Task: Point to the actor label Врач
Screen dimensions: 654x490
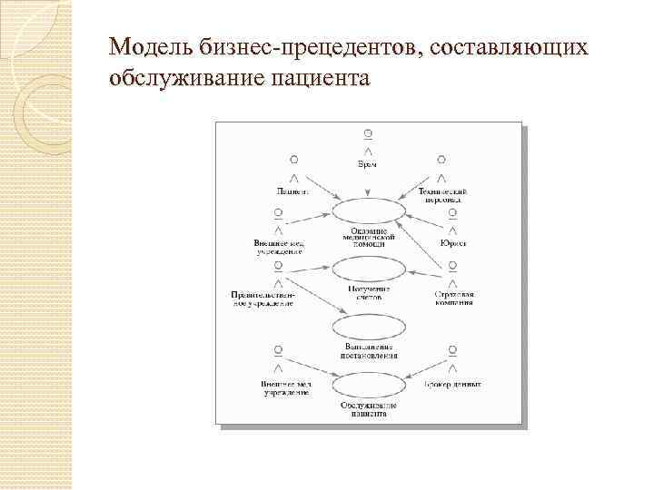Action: pyautogui.click(x=367, y=164)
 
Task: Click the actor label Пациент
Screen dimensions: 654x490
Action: pyautogui.click(x=292, y=191)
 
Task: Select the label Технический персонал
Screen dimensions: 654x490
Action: pyautogui.click(x=442, y=195)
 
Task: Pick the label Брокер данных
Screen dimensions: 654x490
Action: pyautogui.click(x=452, y=384)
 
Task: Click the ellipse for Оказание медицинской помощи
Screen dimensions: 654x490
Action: pyautogui.click(x=367, y=211)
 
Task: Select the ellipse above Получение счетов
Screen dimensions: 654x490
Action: pyautogui.click(x=367, y=269)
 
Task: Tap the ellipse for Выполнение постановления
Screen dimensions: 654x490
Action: pyautogui.click(x=368, y=328)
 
